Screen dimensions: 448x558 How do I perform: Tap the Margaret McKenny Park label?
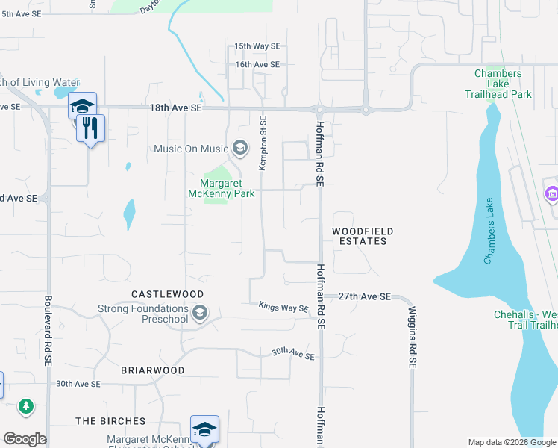(x=228, y=189)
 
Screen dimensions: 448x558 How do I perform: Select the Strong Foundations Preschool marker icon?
(x=198, y=314)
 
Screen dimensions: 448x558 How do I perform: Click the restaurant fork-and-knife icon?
(x=91, y=128)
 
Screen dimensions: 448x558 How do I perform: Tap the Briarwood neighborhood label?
(x=153, y=370)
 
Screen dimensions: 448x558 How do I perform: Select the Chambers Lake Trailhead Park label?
(x=503, y=84)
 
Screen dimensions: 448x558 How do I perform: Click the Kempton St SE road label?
(x=263, y=143)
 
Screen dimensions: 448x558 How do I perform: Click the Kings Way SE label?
(x=283, y=307)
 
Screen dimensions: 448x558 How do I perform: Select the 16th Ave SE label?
(x=257, y=65)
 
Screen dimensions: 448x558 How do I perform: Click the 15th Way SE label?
(x=257, y=46)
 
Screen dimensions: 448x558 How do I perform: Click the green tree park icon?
(x=27, y=406)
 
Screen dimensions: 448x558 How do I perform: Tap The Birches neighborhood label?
(x=110, y=421)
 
